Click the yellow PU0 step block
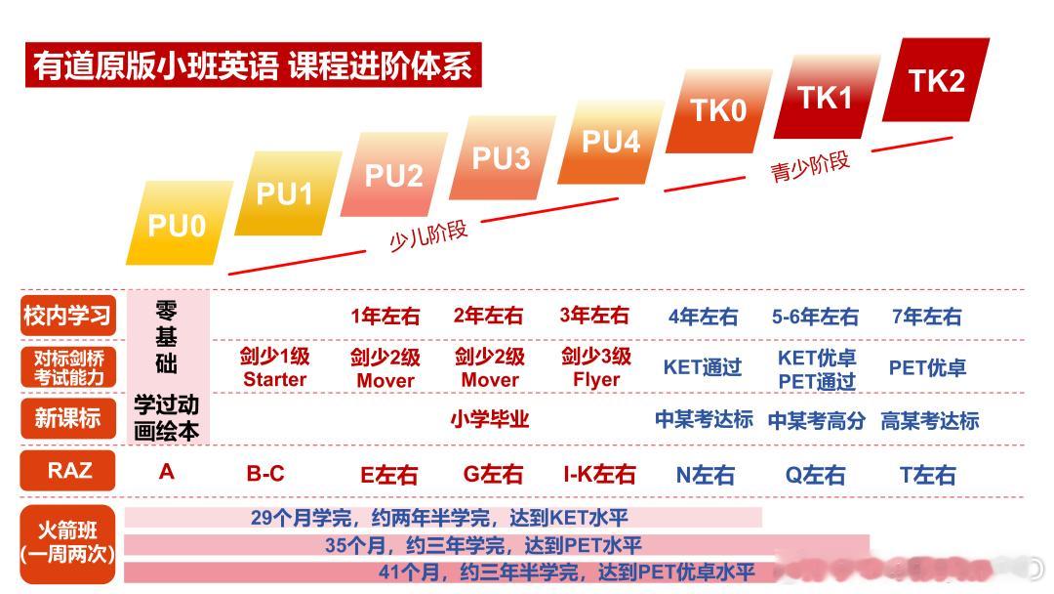(x=179, y=224)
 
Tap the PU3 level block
(x=503, y=157)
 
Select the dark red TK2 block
(x=936, y=80)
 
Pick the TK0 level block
(x=718, y=110)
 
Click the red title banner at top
(x=254, y=65)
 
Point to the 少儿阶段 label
(x=428, y=234)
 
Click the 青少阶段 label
(x=810, y=166)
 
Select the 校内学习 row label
(x=68, y=315)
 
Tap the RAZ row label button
(x=68, y=470)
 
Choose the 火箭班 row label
(x=68, y=543)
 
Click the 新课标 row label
(x=68, y=418)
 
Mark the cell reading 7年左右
(x=927, y=317)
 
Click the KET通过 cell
(x=703, y=367)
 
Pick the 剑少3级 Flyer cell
(x=596, y=367)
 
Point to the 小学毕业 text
(x=489, y=419)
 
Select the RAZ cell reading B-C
(x=265, y=474)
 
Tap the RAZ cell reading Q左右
(x=815, y=475)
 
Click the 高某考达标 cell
(x=930, y=420)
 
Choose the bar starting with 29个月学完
(x=443, y=518)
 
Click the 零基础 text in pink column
(x=167, y=337)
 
